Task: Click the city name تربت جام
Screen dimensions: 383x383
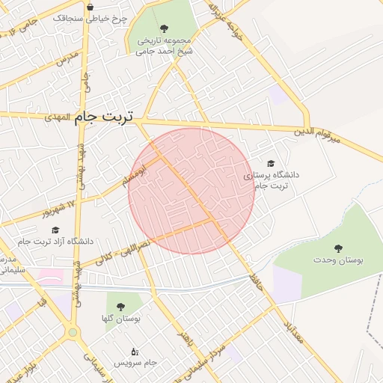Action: pos(105,117)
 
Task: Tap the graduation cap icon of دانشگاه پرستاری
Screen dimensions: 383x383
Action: pos(270,163)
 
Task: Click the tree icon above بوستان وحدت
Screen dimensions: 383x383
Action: pos(338,248)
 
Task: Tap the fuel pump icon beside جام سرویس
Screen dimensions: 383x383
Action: pos(135,351)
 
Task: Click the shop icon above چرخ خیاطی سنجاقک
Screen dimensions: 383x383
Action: pos(91,7)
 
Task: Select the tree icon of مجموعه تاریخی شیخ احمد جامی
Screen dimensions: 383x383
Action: pos(164,28)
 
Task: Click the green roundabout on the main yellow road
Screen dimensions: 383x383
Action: pos(73,332)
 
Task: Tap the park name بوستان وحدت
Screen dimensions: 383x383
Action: pos(338,260)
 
